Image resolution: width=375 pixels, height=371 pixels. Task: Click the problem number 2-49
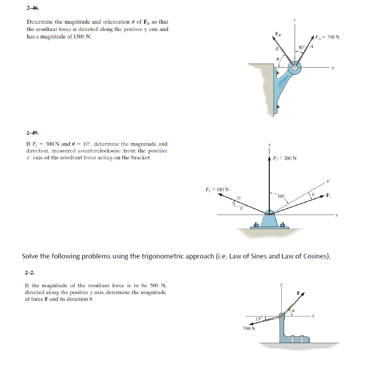coord(32,133)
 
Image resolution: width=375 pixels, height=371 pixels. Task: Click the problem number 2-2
coord(29,272)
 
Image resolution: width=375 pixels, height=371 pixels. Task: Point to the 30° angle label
coord(301,47)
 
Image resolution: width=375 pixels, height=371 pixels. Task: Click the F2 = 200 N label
coord(285,158)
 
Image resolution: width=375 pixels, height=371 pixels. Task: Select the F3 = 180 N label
coord(217,189)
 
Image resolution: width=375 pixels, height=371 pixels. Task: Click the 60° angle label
coord(281,196)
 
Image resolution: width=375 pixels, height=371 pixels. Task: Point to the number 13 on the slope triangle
coord(239,198)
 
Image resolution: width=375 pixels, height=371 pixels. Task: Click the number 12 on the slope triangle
coord(242,208)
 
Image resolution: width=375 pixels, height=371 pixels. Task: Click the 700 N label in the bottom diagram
coord(249,328)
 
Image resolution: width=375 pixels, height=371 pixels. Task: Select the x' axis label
coord(327,181)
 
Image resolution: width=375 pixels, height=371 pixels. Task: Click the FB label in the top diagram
coord(277,34)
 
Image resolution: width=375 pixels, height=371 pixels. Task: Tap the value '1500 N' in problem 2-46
coord(81,37)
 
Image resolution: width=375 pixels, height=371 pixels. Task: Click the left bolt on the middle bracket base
coord(256,225)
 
